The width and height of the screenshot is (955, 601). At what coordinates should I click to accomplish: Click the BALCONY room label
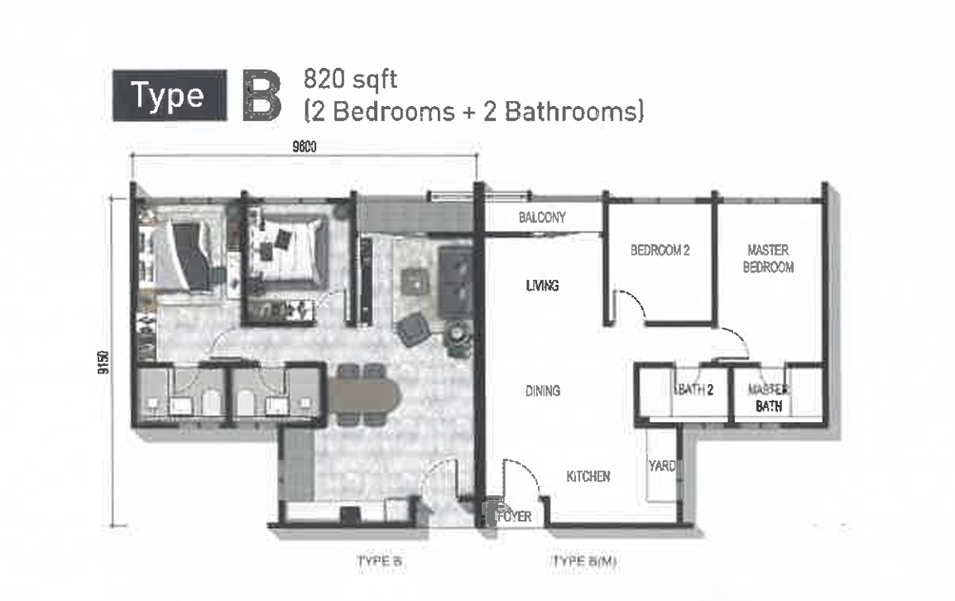[x=542, y=218]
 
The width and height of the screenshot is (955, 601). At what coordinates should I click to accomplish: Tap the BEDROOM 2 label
[x=660, y=250]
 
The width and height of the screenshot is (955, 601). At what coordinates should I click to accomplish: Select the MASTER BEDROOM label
[x=768, y=258]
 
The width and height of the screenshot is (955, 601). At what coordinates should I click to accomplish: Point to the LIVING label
[x=542, y=286]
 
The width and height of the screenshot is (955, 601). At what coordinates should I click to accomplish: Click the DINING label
[x=543, y=391]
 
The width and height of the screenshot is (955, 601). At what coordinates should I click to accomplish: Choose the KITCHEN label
[x=588, y=477]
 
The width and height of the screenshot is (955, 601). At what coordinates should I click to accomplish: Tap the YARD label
[x=662, y=466]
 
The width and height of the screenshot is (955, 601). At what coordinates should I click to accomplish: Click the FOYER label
[x=515, y=517]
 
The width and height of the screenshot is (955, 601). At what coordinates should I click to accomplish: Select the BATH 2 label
[x=693, y=390]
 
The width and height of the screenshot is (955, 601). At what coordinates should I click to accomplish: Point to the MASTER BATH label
[x=769, y=397]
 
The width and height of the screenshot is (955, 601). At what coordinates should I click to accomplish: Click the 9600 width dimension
[x=305, y=147]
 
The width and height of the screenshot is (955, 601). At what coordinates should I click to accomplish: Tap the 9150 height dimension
[x=104, y=362]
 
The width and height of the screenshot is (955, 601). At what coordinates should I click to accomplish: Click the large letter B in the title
[x=262, y=95]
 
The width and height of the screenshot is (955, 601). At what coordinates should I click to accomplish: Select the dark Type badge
[x=170, y=95]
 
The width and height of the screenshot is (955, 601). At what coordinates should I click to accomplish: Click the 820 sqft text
[x=350, y=79]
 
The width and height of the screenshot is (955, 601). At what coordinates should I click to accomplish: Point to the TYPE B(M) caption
[x=584, y=560]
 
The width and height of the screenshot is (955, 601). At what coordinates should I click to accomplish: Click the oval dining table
[x=363, y=394]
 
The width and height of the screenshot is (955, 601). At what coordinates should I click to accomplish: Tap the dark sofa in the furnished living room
[x=455, y=281]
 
